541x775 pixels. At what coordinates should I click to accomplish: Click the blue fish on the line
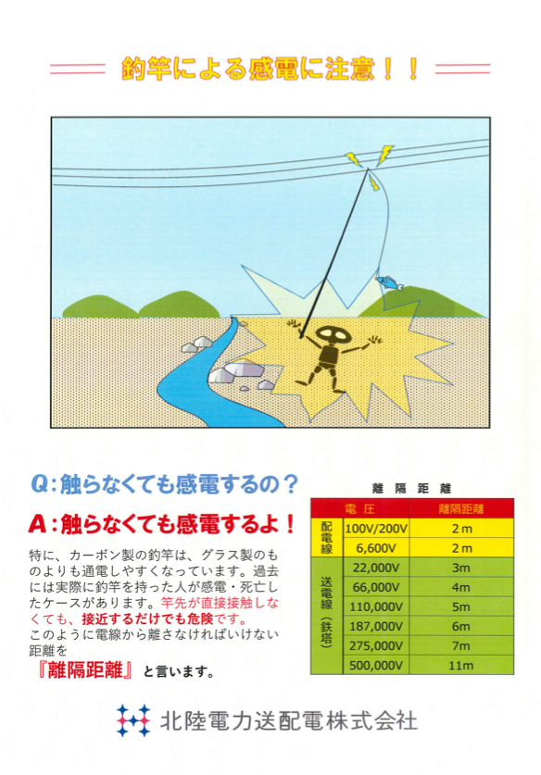pos(390,282)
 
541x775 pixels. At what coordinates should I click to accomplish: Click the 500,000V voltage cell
pos(376,665)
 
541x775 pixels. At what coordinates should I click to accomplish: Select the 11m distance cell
pos(461,665)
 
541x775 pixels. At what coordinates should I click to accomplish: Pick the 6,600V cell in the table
pos(376,548)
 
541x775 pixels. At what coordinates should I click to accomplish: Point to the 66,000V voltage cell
pos(376,587)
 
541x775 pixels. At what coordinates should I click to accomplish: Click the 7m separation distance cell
pos(461,646)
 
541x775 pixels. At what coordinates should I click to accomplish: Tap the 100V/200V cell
pos(376,529)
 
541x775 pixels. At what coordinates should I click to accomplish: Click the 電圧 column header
pos(360,508)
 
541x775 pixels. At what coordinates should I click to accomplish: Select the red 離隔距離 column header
pos(461,508)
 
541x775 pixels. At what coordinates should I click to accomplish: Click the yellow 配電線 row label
pos(327,538)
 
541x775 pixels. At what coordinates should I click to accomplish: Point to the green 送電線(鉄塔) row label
pos(327,616)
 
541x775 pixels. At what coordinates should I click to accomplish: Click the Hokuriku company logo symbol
pos(133,720)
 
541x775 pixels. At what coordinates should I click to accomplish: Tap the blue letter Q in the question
pos(40,484)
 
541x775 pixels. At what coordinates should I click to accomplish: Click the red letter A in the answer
pos(38,524)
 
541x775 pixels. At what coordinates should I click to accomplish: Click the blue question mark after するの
pos(291,484)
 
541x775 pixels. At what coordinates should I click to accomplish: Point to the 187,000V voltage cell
pos(376,626)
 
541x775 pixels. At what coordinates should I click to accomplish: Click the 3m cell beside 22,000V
pos(461,568)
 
